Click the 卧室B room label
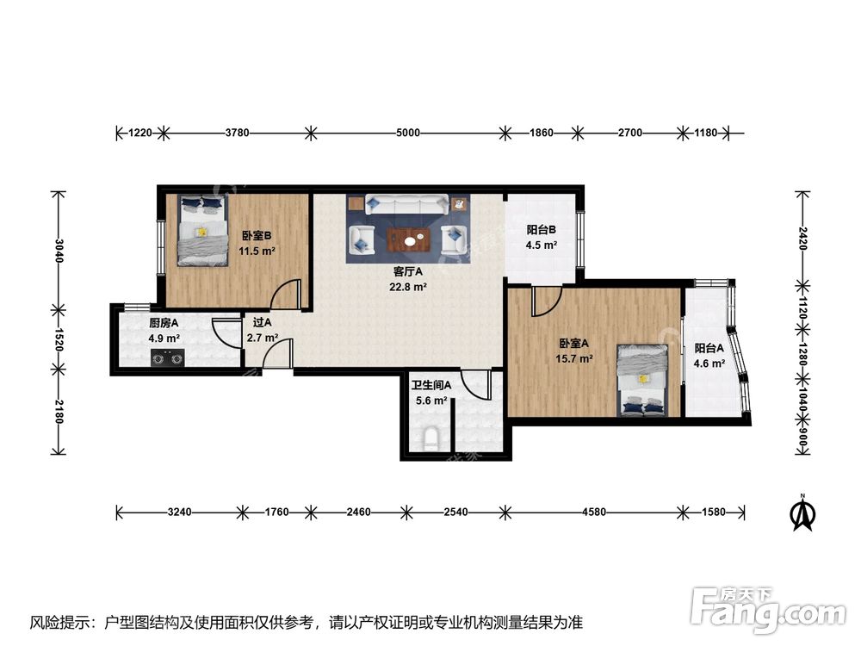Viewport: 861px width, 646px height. pos(257,236)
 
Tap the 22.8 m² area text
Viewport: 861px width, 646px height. pos(408,287)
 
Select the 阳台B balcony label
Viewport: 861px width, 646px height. pos(541,230)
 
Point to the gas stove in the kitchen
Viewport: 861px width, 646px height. pos(168,358)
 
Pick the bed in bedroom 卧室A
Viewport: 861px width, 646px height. pos(642,380)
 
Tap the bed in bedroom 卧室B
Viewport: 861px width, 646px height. pos(202,230)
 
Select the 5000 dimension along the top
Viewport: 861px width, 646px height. pos(408,133)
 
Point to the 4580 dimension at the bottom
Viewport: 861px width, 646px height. pos(594,512)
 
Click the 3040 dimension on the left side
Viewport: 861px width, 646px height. pos(59,251)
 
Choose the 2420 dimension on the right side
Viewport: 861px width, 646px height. pos(802,239)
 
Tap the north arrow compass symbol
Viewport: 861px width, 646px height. pos(802,513)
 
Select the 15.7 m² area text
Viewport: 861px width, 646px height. pos(573,358)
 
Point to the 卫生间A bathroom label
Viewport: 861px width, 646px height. pos(431,386)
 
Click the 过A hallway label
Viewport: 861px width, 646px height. pos(262,322)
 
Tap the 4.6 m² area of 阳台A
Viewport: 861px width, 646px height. pos(709,363)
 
